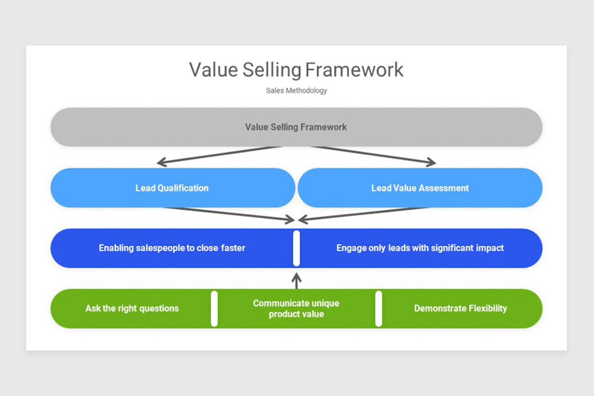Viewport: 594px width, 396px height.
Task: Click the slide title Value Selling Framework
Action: (x=296, y=70)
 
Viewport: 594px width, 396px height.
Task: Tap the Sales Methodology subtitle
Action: (x=297, y=91)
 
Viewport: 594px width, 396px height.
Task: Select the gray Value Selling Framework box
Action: (x=297, y=127)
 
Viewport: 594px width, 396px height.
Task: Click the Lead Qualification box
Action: (x=173, y=188)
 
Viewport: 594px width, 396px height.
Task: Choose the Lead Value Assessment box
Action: (x=420, y=188)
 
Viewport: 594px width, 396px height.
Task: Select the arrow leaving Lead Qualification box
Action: (x=229, y=214)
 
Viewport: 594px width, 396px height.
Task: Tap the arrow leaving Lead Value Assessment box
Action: (x=363, y=214)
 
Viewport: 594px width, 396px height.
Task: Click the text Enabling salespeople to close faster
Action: (x=172, y=248)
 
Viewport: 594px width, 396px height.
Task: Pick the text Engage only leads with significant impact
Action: (x=420, y=248)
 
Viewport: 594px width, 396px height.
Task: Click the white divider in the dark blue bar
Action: (x=297, y=248)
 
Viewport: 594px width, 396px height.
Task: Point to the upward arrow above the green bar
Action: (x=297, y=281)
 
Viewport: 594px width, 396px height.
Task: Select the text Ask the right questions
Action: (x=132, y=308)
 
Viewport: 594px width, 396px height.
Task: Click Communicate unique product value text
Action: (x=296, y=308)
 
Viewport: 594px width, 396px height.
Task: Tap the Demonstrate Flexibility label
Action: (x=461, y=308)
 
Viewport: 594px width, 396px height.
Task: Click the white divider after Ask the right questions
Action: (x=214, y=309)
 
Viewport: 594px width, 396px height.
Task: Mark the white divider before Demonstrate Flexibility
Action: (x=379, y=309)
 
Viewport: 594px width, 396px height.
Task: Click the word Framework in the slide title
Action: (x=354, y=70)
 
